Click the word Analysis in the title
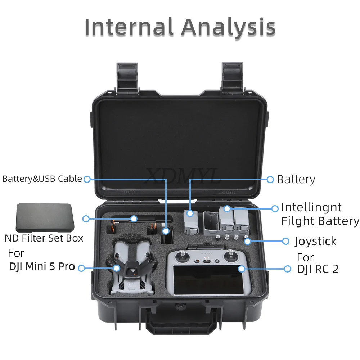229,27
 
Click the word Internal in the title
129,27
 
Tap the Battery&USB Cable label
42,179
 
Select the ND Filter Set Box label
44,238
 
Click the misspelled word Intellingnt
311,208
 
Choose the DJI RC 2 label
318,269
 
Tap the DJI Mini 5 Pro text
42,266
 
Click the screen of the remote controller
208,280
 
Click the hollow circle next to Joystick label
285,241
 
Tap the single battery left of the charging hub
191,222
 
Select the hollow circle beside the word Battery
270,180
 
